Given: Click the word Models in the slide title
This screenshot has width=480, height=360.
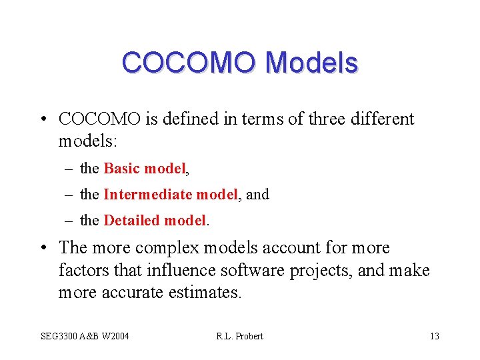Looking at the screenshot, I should [x=311, y=63].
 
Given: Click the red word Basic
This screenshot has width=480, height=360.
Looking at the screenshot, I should [x=122, y=169].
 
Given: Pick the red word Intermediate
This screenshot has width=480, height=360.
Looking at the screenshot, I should [x=147, y=195].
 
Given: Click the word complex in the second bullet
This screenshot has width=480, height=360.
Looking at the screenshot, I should [x=166, y=248].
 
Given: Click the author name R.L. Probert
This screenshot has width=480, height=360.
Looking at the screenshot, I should [x=239, y=336].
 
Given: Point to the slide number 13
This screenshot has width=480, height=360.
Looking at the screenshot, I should [x=434, y=336].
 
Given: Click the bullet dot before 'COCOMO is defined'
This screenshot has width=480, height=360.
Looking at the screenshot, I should [x=42, y=120].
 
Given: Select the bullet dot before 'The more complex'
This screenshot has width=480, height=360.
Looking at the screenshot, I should [x=42, y=249].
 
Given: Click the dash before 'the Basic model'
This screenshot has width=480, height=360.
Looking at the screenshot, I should [x=70, y=169].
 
